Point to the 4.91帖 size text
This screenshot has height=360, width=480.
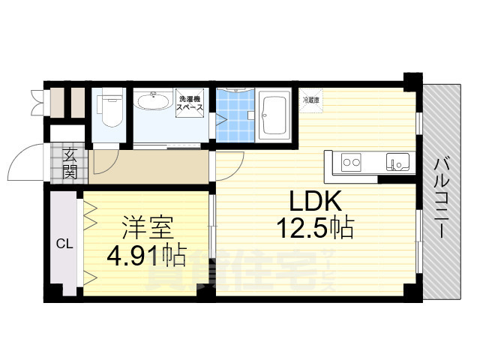tap(148, 256)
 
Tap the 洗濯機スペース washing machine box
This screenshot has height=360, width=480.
tap(190, 106)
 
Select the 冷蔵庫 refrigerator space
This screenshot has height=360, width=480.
tap(310, 100)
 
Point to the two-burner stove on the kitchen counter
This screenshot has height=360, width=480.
tap(351, 160)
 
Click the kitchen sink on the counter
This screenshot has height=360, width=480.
tap(395, 160)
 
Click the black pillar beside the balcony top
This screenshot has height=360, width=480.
tap(411, 79)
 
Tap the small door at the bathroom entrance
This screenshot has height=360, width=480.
tap(220, 119)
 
